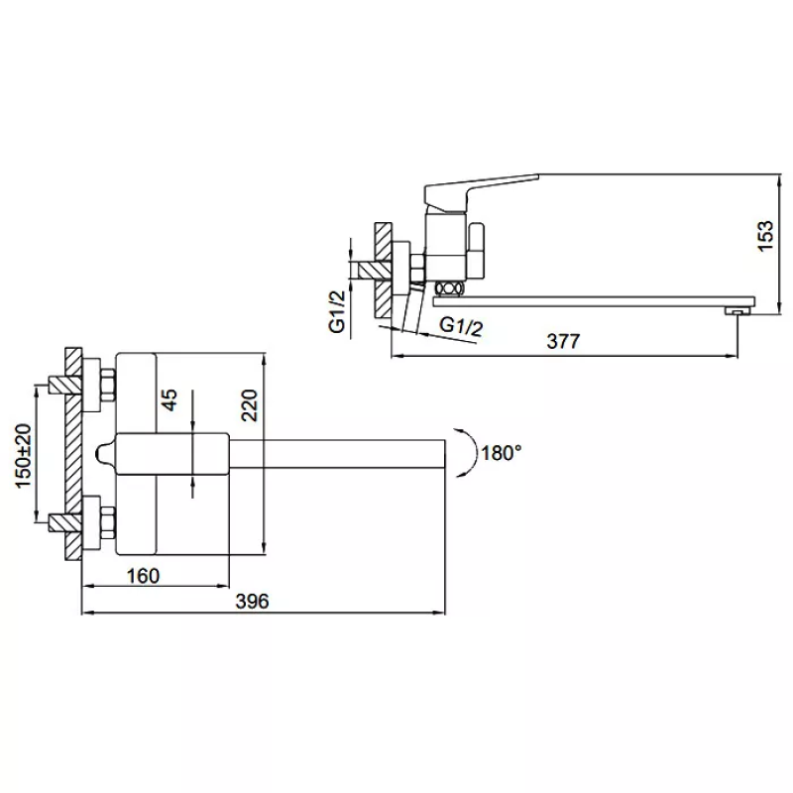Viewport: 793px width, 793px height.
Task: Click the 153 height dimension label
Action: [x=765, y=235]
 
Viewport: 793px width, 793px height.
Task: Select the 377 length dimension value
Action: [x=563, y=341]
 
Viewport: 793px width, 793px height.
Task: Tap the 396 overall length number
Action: [x=252, y=601]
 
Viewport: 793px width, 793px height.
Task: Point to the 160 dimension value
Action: [x=143, y=576]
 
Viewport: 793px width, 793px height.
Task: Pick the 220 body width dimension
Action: [x=250, y=405]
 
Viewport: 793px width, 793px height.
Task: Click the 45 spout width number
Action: [x=170, y=399]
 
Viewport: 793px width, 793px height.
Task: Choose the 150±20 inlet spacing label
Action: [x=23, y=456]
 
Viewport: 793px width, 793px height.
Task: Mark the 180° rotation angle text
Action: [x=502, y=453]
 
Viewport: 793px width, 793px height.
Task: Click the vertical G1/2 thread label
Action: [x=337, y=311]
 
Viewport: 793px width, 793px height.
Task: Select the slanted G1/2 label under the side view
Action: [x=461, y=326]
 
